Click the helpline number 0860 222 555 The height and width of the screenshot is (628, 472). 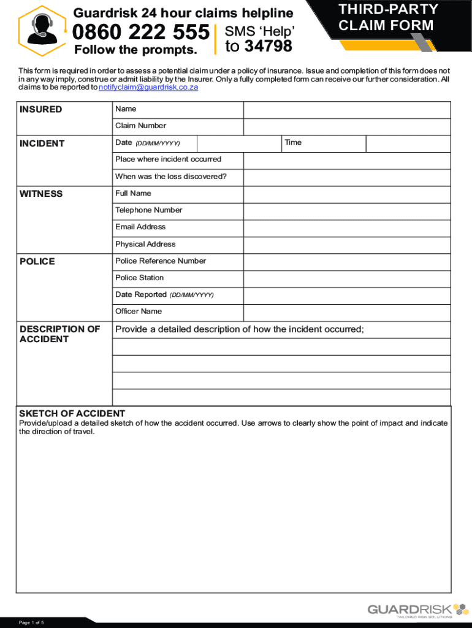141,32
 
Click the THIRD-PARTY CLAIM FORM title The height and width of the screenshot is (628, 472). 388,17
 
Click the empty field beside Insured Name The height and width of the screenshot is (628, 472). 347,110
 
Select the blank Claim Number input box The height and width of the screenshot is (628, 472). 347,126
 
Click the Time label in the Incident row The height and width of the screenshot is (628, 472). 293,142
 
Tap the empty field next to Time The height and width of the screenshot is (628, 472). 408,144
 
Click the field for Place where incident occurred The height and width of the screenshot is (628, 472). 347,160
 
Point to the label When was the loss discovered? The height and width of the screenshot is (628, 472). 171,177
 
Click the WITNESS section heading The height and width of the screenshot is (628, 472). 41,194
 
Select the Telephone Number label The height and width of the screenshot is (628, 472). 149,210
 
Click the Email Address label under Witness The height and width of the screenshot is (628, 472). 140,227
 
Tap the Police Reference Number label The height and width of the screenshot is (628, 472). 161,261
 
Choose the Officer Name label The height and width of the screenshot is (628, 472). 139,311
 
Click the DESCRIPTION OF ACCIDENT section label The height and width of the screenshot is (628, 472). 59,334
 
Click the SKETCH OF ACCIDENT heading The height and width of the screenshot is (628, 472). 72,413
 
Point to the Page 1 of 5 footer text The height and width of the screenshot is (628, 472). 31,623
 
